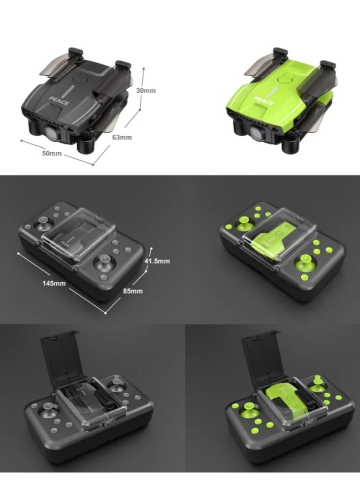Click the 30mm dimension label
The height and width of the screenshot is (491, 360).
click(x=146, y=90)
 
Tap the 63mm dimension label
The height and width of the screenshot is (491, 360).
click(x=122, y=137)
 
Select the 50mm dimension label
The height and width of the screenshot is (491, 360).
click(x=52, y=153)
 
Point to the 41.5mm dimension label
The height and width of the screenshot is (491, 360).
click(x=157, y=261)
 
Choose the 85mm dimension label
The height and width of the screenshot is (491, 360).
click(x=133, y=291)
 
